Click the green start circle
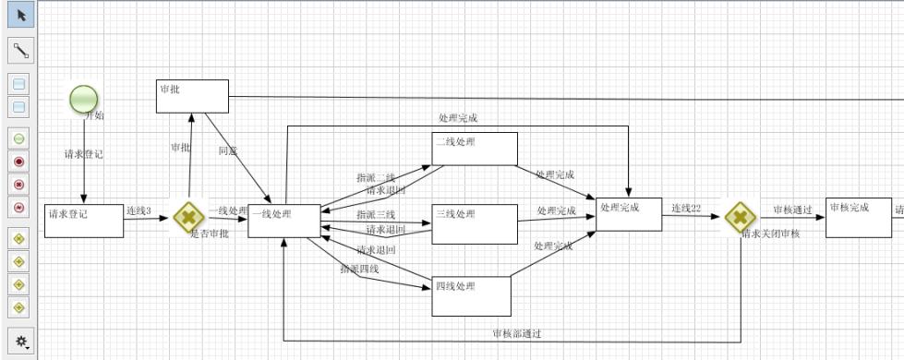(83, 98)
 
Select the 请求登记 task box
(83, 221)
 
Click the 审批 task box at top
(192, 96)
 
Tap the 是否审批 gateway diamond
(187, 218)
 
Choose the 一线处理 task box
(283, 221)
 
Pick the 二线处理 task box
(475, 149)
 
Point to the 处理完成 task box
(629, 215)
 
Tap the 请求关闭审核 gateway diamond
(739, 218)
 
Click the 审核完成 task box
(858, 217)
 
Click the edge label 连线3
(139, 210)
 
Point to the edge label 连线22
(686, 208)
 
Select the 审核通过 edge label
(792, 210)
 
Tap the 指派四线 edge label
(359, 269)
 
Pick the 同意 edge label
(228, 150)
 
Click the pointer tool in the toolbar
(20, 15)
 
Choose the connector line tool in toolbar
(20, 51)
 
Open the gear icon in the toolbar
(20, 341)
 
